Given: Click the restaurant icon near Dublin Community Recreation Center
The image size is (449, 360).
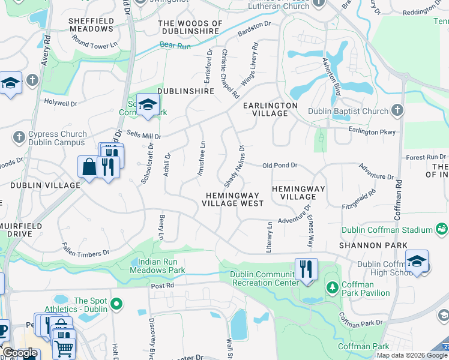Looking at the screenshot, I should [x=306, y=269].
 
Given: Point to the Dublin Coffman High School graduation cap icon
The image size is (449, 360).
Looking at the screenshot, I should [x=417, y=261].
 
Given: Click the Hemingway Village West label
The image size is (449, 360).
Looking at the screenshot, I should [x=233, y=199].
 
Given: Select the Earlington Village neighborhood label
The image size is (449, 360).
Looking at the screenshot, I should [x=270, y=109].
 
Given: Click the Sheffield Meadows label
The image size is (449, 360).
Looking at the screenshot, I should [x=91, y=24].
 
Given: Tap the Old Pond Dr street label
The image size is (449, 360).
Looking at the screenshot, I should [x=280, y=165].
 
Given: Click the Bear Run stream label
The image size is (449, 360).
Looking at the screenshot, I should [x=174, y=45].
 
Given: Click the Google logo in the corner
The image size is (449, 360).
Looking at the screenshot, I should [x=19, y=353].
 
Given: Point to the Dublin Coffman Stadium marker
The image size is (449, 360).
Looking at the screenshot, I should [x=441, y=229].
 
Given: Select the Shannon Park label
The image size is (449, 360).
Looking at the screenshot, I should [x=373, y=245].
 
